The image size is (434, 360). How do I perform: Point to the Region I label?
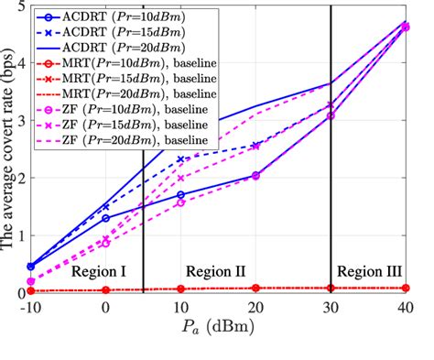(x=98, y=272)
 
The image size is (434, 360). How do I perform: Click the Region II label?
(x=216, y=272)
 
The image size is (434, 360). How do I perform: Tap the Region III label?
(x=369, y=272)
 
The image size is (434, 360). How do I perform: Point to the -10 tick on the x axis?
(x=31, y=308)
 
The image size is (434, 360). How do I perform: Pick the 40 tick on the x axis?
(x=405, y=308)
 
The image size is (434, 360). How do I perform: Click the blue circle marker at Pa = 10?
(x=180, y=195)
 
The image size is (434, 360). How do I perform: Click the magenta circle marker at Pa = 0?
(x=105, y=243)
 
